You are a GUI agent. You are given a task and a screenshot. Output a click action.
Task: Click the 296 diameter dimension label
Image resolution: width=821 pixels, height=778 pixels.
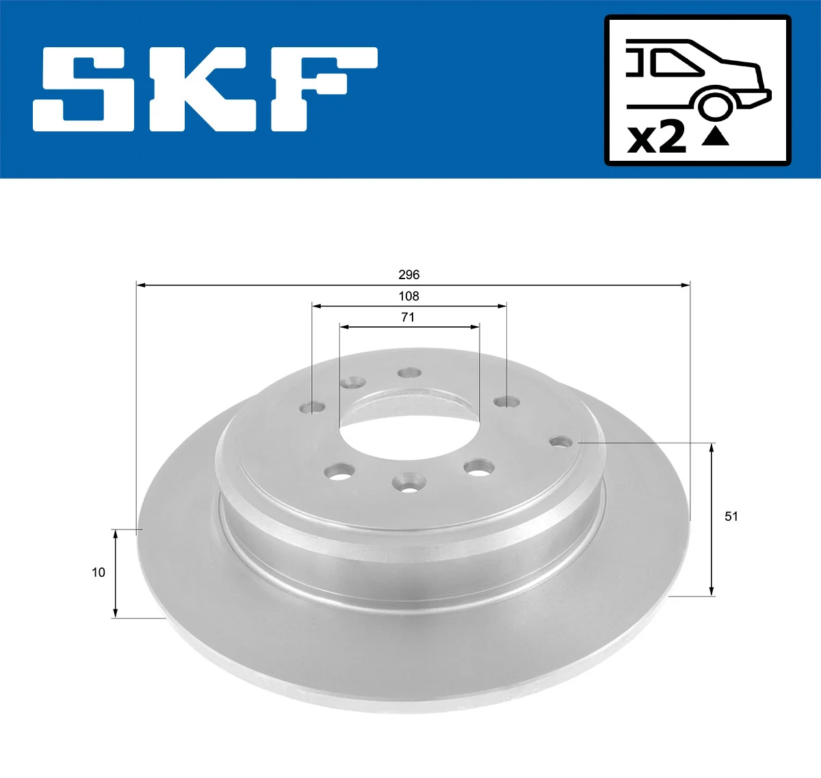coord(408,274)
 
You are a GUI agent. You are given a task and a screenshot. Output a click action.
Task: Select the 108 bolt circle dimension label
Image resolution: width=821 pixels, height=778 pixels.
coord(408,296)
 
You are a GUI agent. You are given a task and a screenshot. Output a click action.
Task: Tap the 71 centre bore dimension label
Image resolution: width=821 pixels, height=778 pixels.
coord(408,317)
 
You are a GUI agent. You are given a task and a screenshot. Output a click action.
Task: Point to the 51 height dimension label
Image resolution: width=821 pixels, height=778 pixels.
coord(731,517)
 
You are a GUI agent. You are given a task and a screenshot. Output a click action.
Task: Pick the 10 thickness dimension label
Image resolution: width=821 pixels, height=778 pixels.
coord(99,573)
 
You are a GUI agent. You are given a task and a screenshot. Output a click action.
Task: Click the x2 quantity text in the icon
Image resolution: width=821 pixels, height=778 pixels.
coord(657,138)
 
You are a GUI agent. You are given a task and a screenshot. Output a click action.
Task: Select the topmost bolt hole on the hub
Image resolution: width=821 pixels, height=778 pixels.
coord(410,373)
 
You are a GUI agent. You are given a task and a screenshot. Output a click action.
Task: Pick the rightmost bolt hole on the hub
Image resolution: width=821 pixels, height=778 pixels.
coord(561,441)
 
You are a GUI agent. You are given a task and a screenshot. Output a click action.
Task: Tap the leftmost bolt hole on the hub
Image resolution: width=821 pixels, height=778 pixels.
coord(313,408)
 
